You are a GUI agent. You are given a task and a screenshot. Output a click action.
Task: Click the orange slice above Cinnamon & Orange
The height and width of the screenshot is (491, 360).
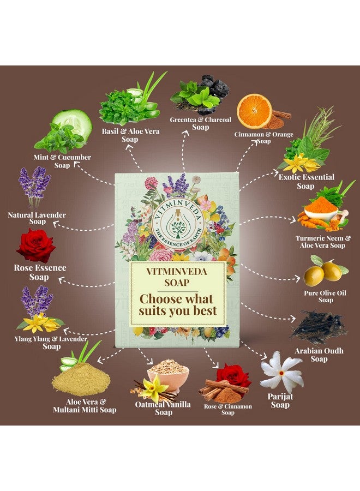click(254, 111)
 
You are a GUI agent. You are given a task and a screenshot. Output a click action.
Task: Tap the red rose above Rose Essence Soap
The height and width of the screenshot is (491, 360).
click(36, 245)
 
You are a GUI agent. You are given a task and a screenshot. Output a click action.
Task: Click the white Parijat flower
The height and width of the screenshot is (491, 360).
click(282, 372)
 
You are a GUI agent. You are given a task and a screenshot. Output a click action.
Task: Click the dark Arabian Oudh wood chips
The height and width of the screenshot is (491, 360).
click(319, 327)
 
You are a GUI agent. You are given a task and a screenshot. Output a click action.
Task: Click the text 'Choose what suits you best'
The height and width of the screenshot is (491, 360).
click(177, 304)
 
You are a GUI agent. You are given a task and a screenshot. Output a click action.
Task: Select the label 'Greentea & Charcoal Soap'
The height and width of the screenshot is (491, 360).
click(200, 123)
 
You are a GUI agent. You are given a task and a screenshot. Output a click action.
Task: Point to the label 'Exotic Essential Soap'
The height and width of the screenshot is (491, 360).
click(307, 181)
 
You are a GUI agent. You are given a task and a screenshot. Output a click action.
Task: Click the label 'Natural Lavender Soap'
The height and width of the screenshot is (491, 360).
click(37, 218)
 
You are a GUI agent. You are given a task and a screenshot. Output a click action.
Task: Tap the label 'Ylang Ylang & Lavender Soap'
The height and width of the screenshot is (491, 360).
click(51, 342)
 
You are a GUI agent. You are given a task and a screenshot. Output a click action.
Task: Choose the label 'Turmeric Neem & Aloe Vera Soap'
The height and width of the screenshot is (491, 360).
click(323, 242)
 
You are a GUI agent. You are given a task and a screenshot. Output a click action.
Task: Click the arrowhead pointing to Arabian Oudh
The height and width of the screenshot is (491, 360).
click(292, 319)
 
